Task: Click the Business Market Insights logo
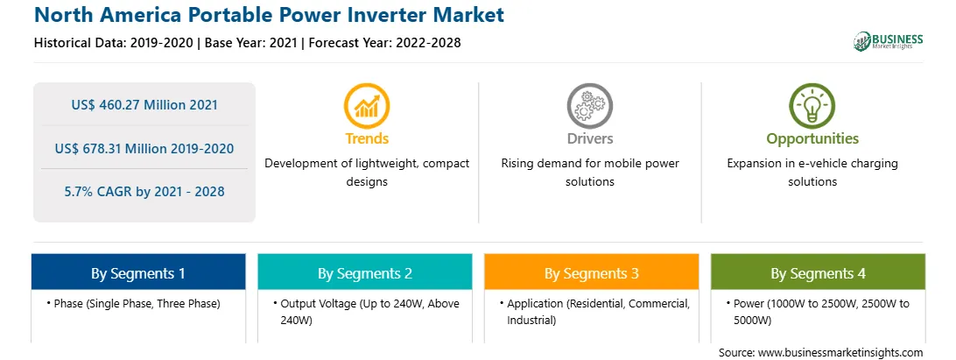[889, 41]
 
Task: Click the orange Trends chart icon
[367, 106]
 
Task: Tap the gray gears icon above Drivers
[589, 106]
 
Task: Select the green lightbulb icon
[812, 106]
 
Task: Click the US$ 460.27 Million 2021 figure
[144, 104]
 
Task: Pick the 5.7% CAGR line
[144, 192]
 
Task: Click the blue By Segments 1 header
[138, 272]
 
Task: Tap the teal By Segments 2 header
[364, 272]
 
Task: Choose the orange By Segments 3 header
[592, 272]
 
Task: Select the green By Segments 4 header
[819, 272]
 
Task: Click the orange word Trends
[367, 138]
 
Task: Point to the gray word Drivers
[590, 138]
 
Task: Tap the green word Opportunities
[812, 139]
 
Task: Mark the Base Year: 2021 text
[250, 43]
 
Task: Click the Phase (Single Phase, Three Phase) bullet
[133, 303]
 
